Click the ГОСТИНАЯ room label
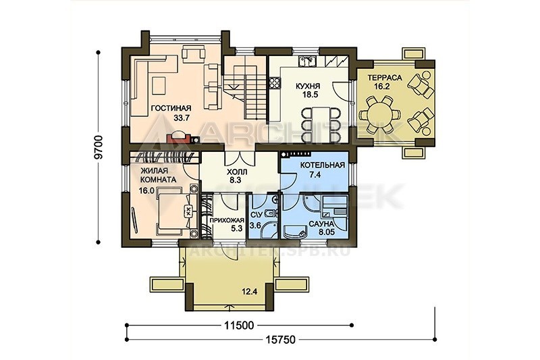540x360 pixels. (x=171, y=109)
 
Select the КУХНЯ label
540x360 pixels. (x=308, y=86)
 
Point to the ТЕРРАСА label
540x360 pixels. (x=385, y=78)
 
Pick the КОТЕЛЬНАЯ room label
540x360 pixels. (x=323, y=165)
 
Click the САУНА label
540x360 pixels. (x=321, y=224)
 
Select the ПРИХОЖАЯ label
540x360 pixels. (x=227, y=220)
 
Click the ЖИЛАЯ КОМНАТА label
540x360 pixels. (x=158, y=175)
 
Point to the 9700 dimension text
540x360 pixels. (x=99, y=147)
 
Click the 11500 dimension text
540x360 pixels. (x=239, y=325)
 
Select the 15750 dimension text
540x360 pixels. (x=280, y=340)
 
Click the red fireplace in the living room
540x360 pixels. (x=178, y=138)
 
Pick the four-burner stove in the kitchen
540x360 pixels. (x=275, y=82)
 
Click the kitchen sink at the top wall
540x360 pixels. (x=307, y=61)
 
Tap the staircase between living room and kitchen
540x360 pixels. (x=245, y=87)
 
